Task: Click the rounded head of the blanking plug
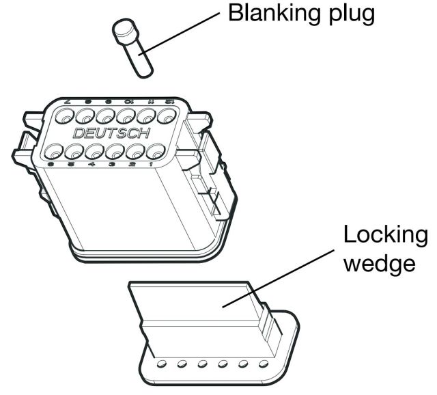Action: click(123, 31)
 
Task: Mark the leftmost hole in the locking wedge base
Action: click(163, 364)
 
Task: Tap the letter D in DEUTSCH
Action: click(79, 133)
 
